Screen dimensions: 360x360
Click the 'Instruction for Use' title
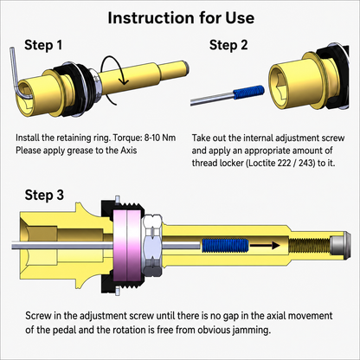[181, 18]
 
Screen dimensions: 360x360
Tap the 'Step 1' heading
[43, 45]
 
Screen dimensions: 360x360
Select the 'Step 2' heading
[228, 45]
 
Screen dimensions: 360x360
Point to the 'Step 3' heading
[44, 195]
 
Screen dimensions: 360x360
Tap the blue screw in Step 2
[248, 92]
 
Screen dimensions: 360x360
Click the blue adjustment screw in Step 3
[225, 245]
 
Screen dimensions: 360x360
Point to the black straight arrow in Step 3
[265, 246]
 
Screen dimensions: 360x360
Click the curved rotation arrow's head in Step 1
[124, 81]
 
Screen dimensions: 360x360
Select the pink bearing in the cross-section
[127, 246]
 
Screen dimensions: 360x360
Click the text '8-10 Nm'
[160, 138]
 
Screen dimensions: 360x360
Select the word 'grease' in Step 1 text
[80, 151]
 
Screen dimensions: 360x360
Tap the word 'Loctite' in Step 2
[262, 163]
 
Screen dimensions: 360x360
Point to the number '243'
[307, 163]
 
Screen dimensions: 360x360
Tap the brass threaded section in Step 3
[310, 246]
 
